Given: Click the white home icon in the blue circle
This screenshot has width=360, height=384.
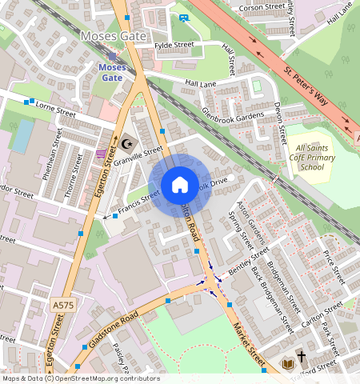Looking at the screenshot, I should (180, 186).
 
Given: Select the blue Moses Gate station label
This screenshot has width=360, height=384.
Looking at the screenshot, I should (112, 73).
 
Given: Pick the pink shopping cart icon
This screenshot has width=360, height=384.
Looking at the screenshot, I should (101, 154).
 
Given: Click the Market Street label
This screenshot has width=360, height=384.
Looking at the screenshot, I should (250, 337).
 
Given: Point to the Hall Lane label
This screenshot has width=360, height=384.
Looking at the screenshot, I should (200, 82).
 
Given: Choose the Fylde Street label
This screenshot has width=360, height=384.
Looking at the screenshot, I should (174, 45).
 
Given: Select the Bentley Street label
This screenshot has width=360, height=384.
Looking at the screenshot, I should (251, 258).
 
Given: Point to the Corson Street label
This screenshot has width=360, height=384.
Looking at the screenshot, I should (262, 6).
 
